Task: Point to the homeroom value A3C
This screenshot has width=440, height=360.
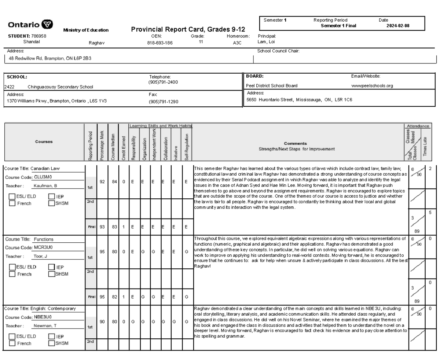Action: [238, 43]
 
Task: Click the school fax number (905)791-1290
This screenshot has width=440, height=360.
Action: [164, 102]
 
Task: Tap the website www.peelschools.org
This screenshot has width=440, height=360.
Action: [372, 86]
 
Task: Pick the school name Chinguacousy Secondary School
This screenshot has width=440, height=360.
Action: [60, 87]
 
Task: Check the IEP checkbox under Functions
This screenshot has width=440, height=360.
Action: [52, 267]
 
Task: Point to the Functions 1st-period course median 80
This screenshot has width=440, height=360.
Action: [114, 251]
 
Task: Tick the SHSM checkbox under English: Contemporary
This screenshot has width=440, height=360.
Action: [52, 344]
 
